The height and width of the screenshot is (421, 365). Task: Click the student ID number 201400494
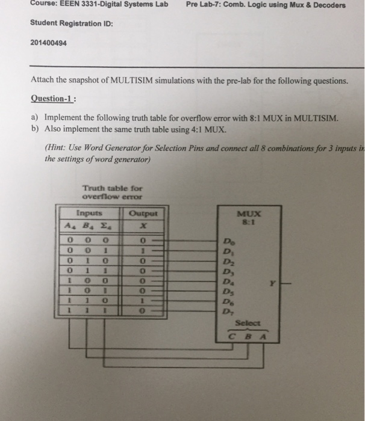[48, 43]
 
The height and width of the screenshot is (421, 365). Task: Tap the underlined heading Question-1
[52, 99]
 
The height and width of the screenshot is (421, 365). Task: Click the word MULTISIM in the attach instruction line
[131, 80]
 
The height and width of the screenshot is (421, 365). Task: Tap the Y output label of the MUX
[272, 283]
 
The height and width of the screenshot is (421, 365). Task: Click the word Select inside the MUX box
[248, 323]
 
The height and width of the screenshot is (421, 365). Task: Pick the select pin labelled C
[231, 336]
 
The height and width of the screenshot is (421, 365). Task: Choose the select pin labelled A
[263, 336]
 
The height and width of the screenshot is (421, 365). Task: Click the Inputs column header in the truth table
[89, 213]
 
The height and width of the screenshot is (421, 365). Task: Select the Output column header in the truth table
[143, 214]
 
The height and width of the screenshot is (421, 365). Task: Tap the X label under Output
[143, 226]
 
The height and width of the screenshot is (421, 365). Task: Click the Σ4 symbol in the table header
[106, 226]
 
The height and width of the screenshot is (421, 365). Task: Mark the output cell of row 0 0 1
[143, 251]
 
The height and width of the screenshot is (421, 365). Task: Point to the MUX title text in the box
[249, 214]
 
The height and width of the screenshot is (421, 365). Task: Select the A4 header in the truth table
[70, 226]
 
